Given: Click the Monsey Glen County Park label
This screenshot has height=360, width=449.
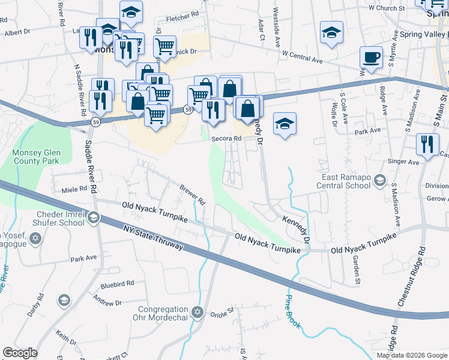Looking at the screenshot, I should pyautogui.click(x=36, y=157).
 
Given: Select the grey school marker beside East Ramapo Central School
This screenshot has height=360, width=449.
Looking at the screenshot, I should pyautogui.click(x=379, y=180).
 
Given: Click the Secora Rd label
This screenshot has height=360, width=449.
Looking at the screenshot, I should pyautogui.click(x=226, y=139).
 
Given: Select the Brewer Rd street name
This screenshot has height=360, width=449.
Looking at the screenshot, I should pyautogui.click(x=193, y=195).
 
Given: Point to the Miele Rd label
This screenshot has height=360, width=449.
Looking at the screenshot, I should pyautogui.click(x=74, y=190).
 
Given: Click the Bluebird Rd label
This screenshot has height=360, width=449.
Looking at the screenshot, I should pyautogui.click(x=116, y=283).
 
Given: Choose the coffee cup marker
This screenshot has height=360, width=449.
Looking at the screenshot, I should pyautogui.click(x=371, y=58).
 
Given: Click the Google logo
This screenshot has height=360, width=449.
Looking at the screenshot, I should pyautogui.click(x=20, y=353).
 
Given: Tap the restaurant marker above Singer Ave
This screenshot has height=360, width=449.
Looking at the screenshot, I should pyautogui.click(x=427, y=145).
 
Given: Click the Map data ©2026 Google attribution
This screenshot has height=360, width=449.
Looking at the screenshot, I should pyautogui.click(x=412, y=355).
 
